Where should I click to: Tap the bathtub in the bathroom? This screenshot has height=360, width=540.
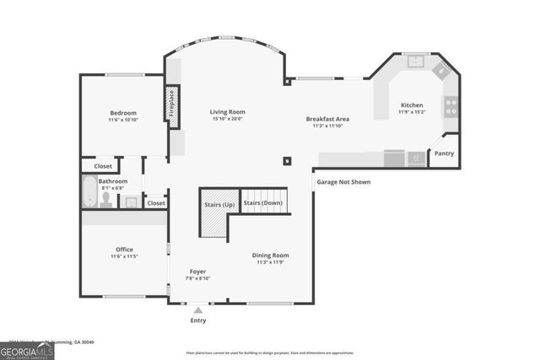(x=89, y=191)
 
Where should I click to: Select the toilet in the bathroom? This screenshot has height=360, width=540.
(x=106, y=200)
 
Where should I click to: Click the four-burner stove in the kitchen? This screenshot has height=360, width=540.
(x=451, y=106)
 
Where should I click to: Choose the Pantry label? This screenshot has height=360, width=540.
(x=443, y=153)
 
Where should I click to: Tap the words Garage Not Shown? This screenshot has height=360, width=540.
(x=343, y=182)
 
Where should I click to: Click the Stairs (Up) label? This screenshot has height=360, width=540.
(x=219, y=204)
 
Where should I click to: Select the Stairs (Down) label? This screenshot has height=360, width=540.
(x=262, y=203)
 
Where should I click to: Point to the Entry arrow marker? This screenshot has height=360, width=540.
(x=198, y=310)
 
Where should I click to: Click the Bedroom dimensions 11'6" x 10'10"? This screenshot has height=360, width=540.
(x=122, y=121)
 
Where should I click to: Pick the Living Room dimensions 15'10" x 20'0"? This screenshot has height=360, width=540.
(x=227, y=119)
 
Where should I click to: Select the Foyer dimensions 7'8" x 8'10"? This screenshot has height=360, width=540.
(x=197, y=278)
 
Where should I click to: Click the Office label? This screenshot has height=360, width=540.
(x=124, y=249)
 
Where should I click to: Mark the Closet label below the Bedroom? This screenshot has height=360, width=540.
(x=103, y=166)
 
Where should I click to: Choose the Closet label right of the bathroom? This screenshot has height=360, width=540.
(x=156, y=203)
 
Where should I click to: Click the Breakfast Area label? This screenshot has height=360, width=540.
(x=327, y=119)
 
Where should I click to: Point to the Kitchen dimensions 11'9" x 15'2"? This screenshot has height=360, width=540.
(x=412, y=112)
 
